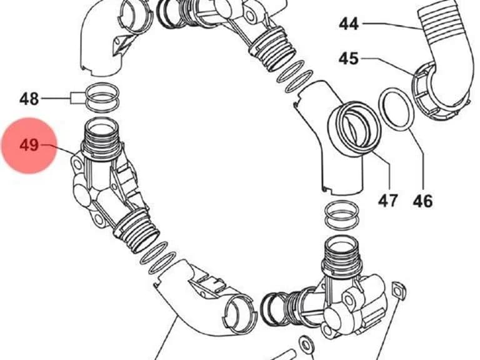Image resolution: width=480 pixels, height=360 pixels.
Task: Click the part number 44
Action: coord(349,24)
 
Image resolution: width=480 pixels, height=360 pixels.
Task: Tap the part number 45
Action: coord(348,58)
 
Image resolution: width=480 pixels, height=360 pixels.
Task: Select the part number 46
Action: coord(422,201)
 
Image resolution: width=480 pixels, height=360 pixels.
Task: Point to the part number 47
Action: coord(388,201)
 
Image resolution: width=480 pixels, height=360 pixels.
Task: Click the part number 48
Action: coord(29,99)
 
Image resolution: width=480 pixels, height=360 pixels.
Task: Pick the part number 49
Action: coord(29,145)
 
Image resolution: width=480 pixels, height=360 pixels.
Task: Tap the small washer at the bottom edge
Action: coord(306,344)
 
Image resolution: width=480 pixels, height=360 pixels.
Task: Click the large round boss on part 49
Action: coord(81,194)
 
